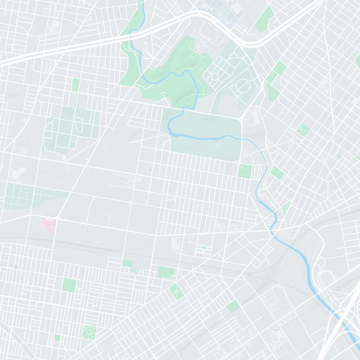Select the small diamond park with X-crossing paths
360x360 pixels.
click(x=176, y=291)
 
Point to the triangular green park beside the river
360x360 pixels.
click(x=285, y=208)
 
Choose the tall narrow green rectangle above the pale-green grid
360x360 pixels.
click(x=76, y=85)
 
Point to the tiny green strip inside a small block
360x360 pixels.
click(x=204, y=247)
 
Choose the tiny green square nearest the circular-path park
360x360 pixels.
click(x=57, y=337)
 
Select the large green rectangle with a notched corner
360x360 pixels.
click(x=166, y=272)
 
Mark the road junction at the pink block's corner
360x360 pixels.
click(x=58, y=219)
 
